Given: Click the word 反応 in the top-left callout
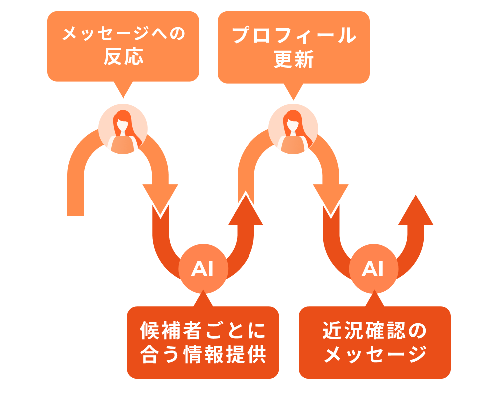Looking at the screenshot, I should (123, 57).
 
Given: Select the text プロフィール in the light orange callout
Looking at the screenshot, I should (293, 35).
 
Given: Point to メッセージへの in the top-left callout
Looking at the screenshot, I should (123, 35).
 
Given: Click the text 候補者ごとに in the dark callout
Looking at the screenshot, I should (203, 330).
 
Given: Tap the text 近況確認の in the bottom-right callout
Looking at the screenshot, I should (374, 330).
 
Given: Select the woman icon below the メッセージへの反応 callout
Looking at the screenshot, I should (123, 129).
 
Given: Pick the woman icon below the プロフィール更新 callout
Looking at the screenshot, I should (293, 129).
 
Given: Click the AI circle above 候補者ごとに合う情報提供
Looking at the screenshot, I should (203, 269).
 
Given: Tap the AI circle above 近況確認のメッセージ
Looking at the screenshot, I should (373, 269).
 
